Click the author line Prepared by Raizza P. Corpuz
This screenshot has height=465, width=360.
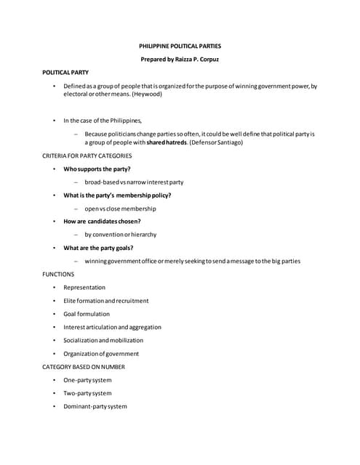[180, 60]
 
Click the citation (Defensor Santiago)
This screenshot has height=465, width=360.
[216, 142]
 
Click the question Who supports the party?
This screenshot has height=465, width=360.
[97, 169]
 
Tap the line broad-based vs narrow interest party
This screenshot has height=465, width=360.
[134, 182]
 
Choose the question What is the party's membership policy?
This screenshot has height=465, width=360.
[117, 195]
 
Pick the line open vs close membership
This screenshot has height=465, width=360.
[120, 209]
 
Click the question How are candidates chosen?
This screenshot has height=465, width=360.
[102, 221]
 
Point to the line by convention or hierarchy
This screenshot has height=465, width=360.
[120, 235]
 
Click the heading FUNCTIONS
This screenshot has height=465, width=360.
[58, 274]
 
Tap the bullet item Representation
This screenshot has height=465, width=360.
[84, 287]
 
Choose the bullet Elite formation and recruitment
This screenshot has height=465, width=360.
[105, 301]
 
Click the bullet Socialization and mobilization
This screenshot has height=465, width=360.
[103, 340]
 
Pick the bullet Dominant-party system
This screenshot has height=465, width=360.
[95, 406]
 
